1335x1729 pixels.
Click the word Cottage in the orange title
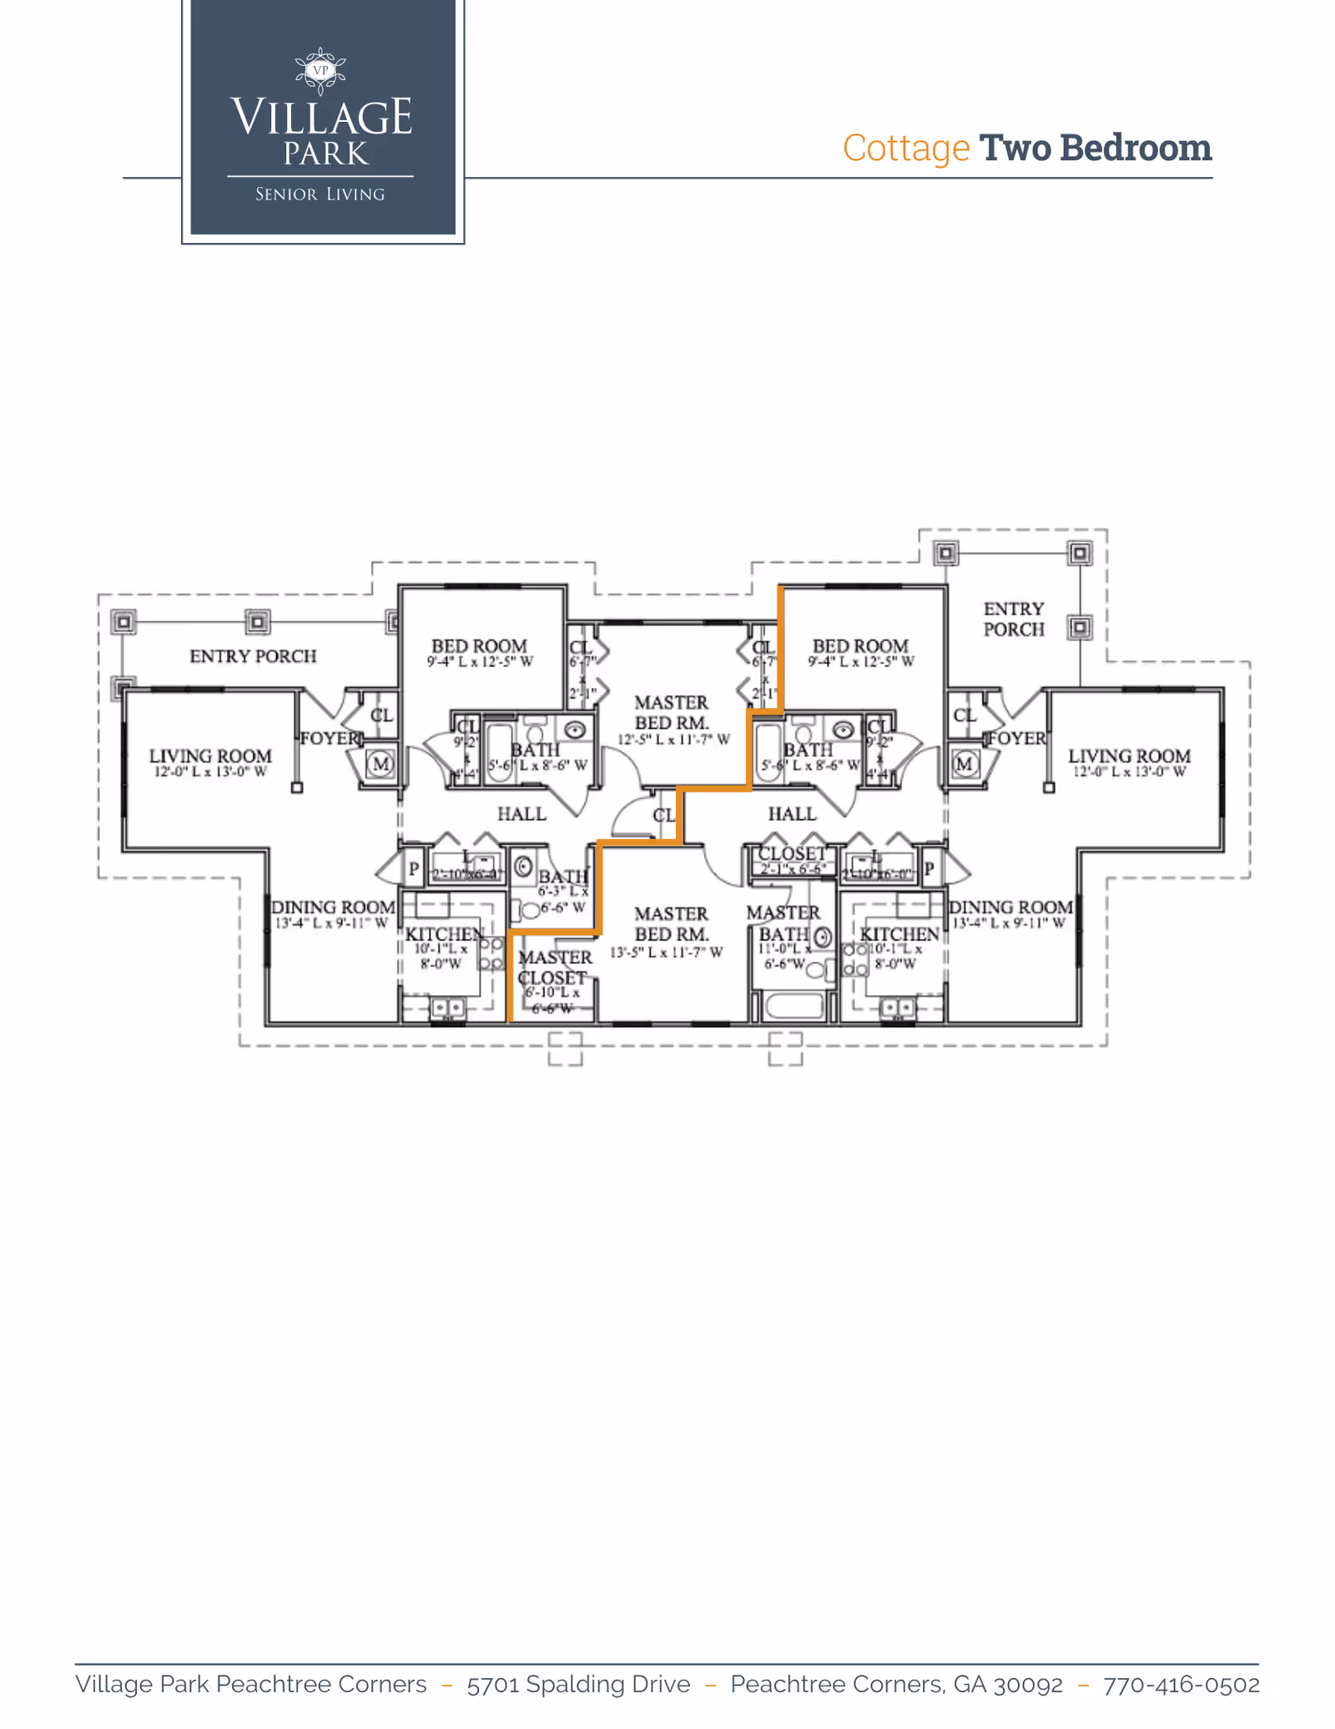click(x=905, y=149)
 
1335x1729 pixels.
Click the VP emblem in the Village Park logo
click(x=321, y=70)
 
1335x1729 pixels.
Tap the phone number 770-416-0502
click(x=1181, y=1684)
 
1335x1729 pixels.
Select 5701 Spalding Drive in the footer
click(x=578, y=1684)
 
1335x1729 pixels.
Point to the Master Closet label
click(x=554, y=968)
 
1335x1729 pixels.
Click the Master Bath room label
click(x=783, y=923)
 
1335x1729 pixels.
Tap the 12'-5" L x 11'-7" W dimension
click(x=673, y=740)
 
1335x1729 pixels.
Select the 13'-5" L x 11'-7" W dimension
click(x=666, y=953)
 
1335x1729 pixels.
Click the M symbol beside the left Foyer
click(x=381, y=763)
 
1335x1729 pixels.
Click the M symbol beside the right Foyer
click(x=965, y=763)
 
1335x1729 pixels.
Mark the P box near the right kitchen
click(x=929, y=869)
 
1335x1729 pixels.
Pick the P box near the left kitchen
click(x=414, y=869)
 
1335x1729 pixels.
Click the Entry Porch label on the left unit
click(x=253, y=656)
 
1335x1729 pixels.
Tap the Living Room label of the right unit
click(x=1128, y=756)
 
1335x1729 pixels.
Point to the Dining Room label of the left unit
click(x=333, y=907)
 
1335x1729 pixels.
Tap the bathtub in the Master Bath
click(x=793, y=1005)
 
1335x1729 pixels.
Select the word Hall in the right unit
click(x=792, y=814)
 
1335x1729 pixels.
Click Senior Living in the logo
click(x=320, y=195)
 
